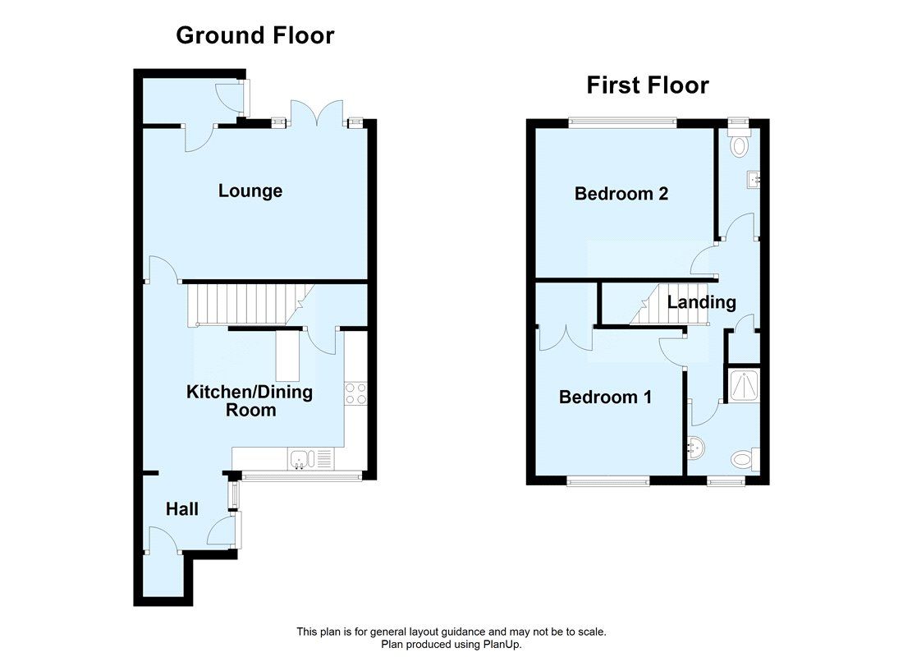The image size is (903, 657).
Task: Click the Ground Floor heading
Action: click(255, 36)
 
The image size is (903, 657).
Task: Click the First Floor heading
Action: click(648, 85)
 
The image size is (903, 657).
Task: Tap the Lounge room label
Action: click(250, 191)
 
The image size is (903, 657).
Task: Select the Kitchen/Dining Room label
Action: click(250, 400)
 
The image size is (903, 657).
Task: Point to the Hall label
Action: click(182, 509)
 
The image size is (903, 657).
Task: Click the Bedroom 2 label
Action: click(621, 194)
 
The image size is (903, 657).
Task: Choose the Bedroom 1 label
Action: click(605, 397)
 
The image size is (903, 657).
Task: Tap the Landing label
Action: click(701, 302)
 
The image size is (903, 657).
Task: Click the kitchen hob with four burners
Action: click(355, 393)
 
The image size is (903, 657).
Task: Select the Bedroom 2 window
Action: click(622, 123)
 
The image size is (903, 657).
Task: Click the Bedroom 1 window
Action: click(607, 481)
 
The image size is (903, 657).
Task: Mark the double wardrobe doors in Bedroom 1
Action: click(565, 337)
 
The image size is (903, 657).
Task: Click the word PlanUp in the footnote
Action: click(502, 645)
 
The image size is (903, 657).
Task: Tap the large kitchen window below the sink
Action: click(300, 476)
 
